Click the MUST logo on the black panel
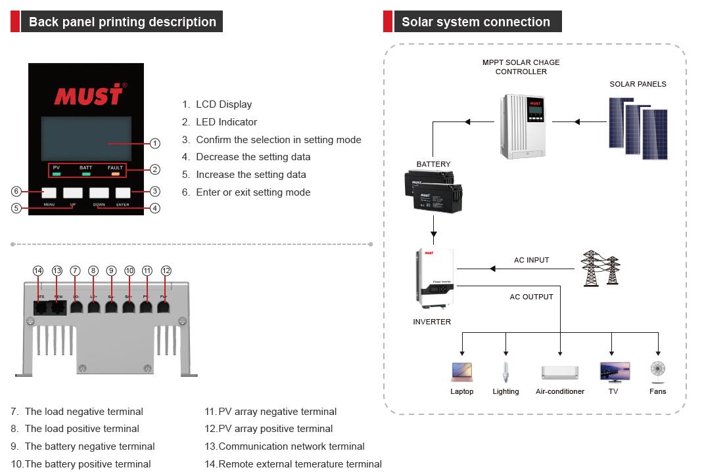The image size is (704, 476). (88, 95)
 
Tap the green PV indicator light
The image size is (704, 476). (57, 174)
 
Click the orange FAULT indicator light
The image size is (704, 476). (115, 174)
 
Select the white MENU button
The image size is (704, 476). (49, 192)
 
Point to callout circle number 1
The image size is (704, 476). (154, 143)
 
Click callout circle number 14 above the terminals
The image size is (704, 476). (38, 270)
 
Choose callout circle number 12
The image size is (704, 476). (166, 270)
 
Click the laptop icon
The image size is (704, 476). (461, 372)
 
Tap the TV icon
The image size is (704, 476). (614, 372)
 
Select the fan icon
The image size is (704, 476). (657, 372)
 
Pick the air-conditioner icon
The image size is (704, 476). (559, 372)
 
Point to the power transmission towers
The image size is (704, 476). (600, 268)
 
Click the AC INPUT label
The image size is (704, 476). (531, 261)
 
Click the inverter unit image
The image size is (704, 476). (433, 278)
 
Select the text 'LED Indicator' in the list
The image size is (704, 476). (226, 122)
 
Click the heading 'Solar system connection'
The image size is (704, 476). (475, 22)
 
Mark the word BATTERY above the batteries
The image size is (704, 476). (433, 164)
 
